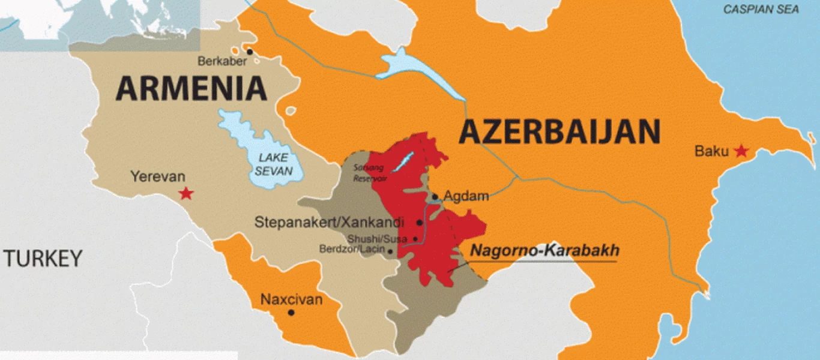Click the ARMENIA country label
191,89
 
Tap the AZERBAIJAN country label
559,131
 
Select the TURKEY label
43,259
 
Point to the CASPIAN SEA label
761,10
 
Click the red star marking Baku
741,151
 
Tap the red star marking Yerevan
187,193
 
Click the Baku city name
711,151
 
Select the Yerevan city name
158,177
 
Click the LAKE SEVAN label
273,164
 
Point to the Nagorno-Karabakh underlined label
544,251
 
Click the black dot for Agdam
435,197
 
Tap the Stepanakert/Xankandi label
330,222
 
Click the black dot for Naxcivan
291,313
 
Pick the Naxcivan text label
291,299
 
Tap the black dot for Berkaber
249,52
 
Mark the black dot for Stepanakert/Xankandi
420,223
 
